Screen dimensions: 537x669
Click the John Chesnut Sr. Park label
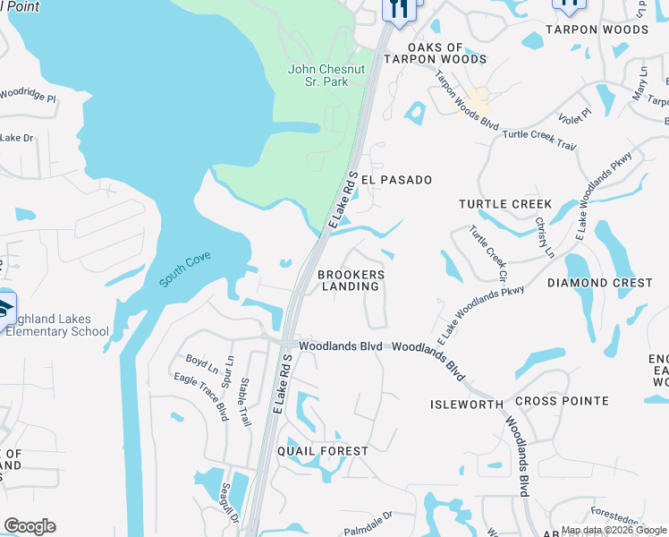click(324, 76)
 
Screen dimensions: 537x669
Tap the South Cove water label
click(185, 269)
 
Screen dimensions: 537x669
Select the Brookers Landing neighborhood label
click(351, 280)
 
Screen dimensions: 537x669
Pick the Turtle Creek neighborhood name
click(505, 204)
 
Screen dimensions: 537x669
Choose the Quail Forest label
click(322, 451)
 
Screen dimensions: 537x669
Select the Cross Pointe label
click(562, 401)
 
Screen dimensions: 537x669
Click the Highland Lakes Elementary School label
click(59, 326)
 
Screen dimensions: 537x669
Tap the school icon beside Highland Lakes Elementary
click(4, 307)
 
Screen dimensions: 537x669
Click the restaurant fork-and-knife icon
click(398, 9)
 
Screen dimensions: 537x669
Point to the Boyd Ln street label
click(201, 365)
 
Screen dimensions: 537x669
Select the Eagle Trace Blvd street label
click(200, 396)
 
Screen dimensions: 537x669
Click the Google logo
click(30, 526)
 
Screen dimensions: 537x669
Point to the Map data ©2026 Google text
click(614, 530)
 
